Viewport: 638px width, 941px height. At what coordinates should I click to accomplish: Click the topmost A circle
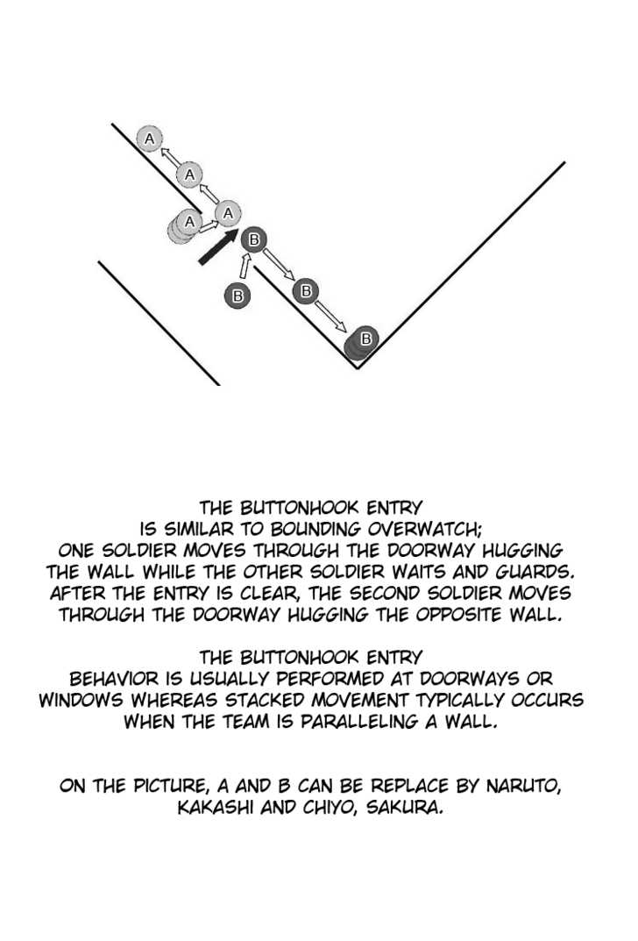click(x=150, y=139)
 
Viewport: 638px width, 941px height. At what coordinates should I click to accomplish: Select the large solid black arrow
click(x=217, y=246)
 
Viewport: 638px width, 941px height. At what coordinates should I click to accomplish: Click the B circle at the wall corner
click(x=363, y=340)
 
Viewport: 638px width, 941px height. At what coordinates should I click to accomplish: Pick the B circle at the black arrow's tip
click(x=254, y=239)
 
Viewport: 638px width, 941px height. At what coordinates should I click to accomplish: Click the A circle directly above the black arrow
click(x=228, y=212)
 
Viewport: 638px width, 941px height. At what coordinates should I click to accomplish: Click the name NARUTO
click(x=523, y=786)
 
